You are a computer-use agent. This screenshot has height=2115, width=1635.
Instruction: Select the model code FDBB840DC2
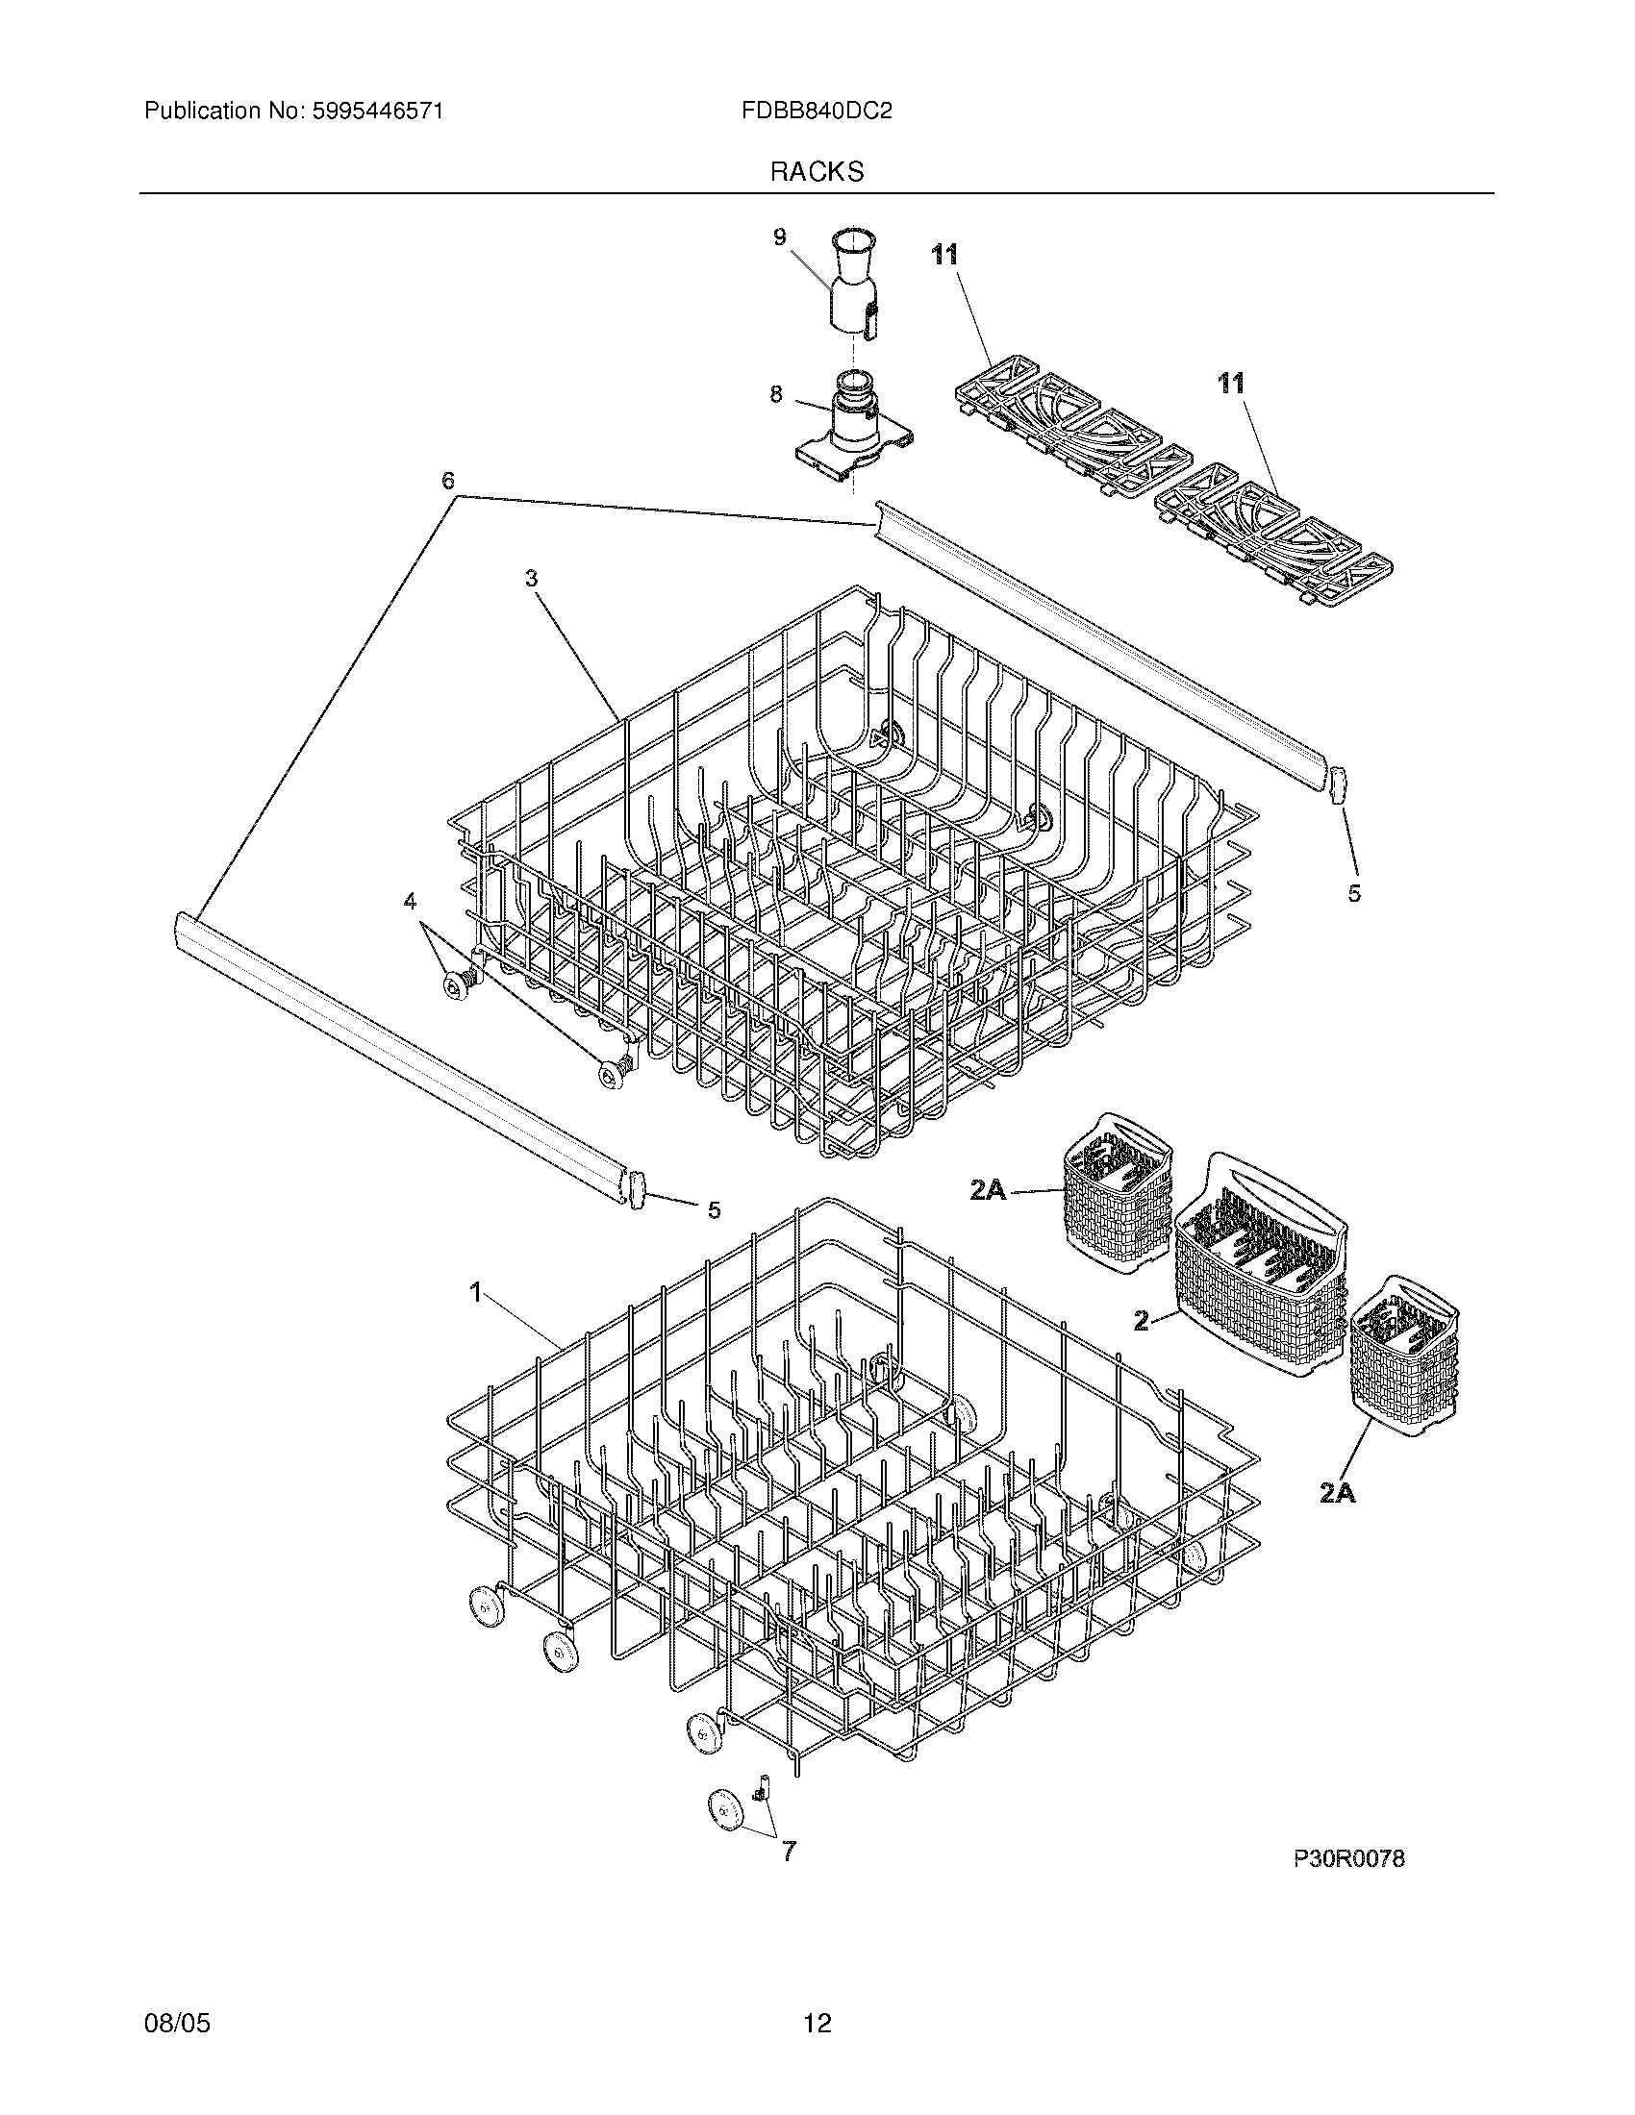(x=816, y=112)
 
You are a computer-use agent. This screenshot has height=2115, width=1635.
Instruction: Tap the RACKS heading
(x=817, y=172)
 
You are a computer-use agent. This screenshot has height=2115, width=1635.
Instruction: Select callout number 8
(x=776, y=395)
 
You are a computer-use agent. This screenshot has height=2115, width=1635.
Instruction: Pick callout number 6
(x=448, y=482)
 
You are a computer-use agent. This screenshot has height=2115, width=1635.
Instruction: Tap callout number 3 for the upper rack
(x=531, y=578)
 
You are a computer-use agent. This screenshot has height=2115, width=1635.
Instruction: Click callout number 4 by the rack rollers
(x=411, y=902)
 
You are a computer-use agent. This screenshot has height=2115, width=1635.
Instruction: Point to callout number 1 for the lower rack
(x=475, y=1292)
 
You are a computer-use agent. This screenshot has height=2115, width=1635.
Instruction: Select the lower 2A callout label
(x=1337, y=1494)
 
